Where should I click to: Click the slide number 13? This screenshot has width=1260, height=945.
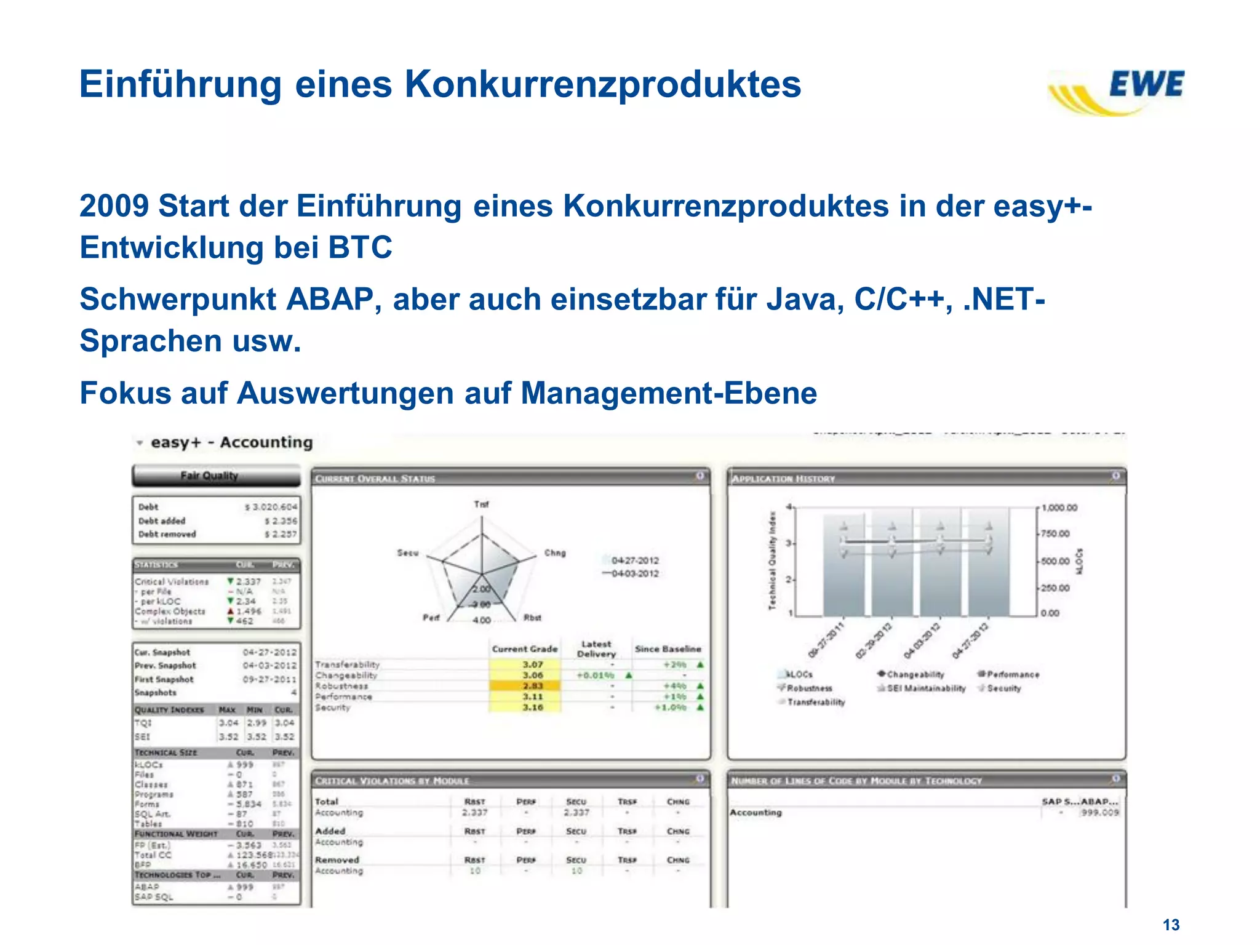tap(1171, 925)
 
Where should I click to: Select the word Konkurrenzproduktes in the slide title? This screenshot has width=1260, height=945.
tap(602, 84)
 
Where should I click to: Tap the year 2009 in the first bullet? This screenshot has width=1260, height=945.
tap(114, 206)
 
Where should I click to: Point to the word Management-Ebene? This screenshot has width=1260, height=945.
tap(669, 393)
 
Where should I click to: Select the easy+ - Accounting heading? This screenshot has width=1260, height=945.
tap(231, 442)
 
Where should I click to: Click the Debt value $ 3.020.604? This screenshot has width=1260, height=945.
tap(271, 507)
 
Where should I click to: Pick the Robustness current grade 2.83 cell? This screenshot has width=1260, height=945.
tap(532, 686)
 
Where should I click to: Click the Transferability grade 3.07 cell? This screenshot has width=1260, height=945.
tap(532, 664)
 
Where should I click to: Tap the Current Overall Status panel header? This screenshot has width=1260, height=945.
tap(375, 479)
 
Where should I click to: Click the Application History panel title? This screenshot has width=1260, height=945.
tap(783, 479)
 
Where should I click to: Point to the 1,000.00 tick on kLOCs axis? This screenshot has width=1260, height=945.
tap(1059, 508)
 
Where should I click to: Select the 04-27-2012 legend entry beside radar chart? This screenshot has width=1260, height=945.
tap(634, 560)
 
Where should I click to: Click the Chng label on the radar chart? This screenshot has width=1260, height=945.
tap(554, 552)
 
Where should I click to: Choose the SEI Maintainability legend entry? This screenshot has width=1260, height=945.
tap(925, 688)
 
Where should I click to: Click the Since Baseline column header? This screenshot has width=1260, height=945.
tap(668, 649)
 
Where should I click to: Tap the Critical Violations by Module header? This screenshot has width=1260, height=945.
tap(392, 781)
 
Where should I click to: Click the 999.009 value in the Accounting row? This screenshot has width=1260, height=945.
tap(1099, 813)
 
